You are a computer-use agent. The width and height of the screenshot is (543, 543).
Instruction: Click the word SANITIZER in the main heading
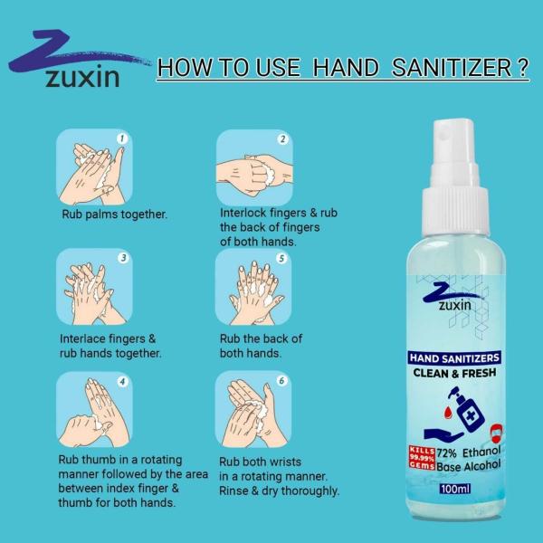461,71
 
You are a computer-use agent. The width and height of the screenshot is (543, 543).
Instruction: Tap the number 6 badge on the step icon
281,382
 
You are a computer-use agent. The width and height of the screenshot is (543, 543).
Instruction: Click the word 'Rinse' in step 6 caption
236,491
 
